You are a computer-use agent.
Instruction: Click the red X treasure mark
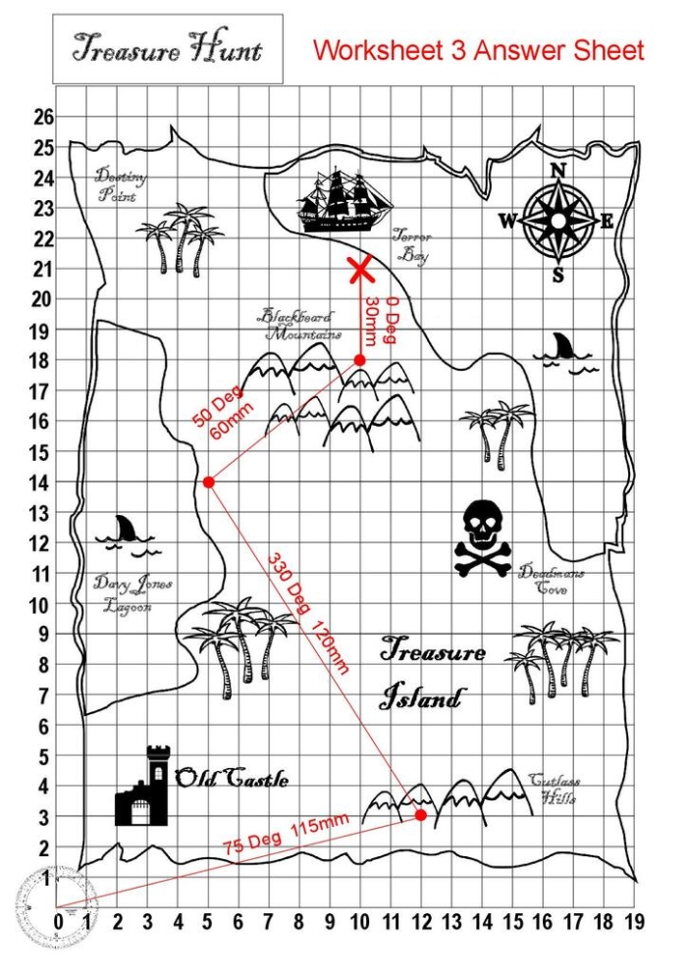361,269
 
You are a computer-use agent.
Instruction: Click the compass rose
557,222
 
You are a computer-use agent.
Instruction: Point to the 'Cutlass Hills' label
555,790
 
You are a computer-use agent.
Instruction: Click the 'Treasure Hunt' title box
168,48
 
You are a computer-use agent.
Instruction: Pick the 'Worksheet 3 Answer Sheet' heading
479,51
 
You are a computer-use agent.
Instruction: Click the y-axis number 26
43,117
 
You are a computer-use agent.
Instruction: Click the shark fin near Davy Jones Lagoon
126,530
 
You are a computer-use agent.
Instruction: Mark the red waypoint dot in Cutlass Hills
421,815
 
